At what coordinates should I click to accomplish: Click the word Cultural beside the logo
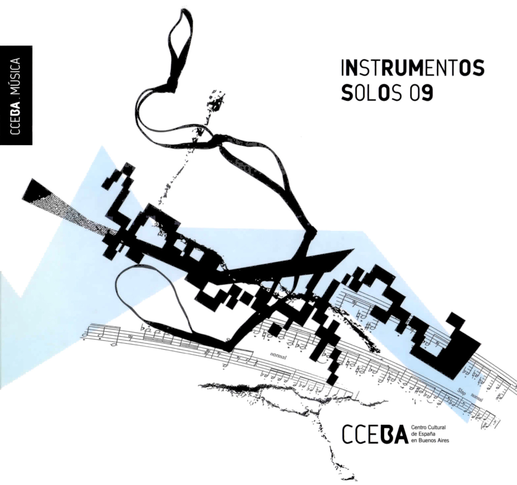pyautogui.click(x=437, y=427)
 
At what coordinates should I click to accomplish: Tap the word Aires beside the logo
pyautogui.click(x=443, y=441)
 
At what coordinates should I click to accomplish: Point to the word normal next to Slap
pyautogui.click(x=477, y=397)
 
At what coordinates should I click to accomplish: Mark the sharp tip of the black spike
pyautogui.click(x=354, y=249)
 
